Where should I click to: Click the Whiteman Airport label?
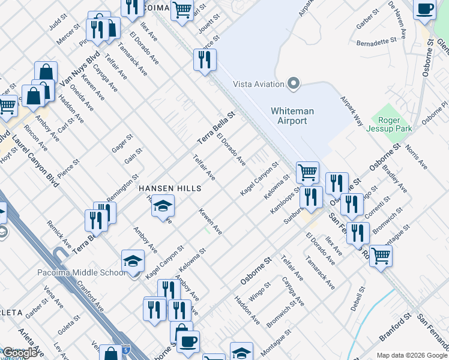pos(289,116)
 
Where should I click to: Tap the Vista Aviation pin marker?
pos(294,83)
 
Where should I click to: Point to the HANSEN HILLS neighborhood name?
pos(170,188)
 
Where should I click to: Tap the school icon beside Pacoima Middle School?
pos(133,261)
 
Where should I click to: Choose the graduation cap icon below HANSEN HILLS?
pos(162,206)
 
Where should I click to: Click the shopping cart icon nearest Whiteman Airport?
pos(307,172)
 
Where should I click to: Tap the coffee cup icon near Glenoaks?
pos(425,10)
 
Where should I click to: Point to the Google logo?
pos(20,353)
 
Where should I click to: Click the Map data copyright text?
pos(412,355)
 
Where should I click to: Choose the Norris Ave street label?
pos(416,156)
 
